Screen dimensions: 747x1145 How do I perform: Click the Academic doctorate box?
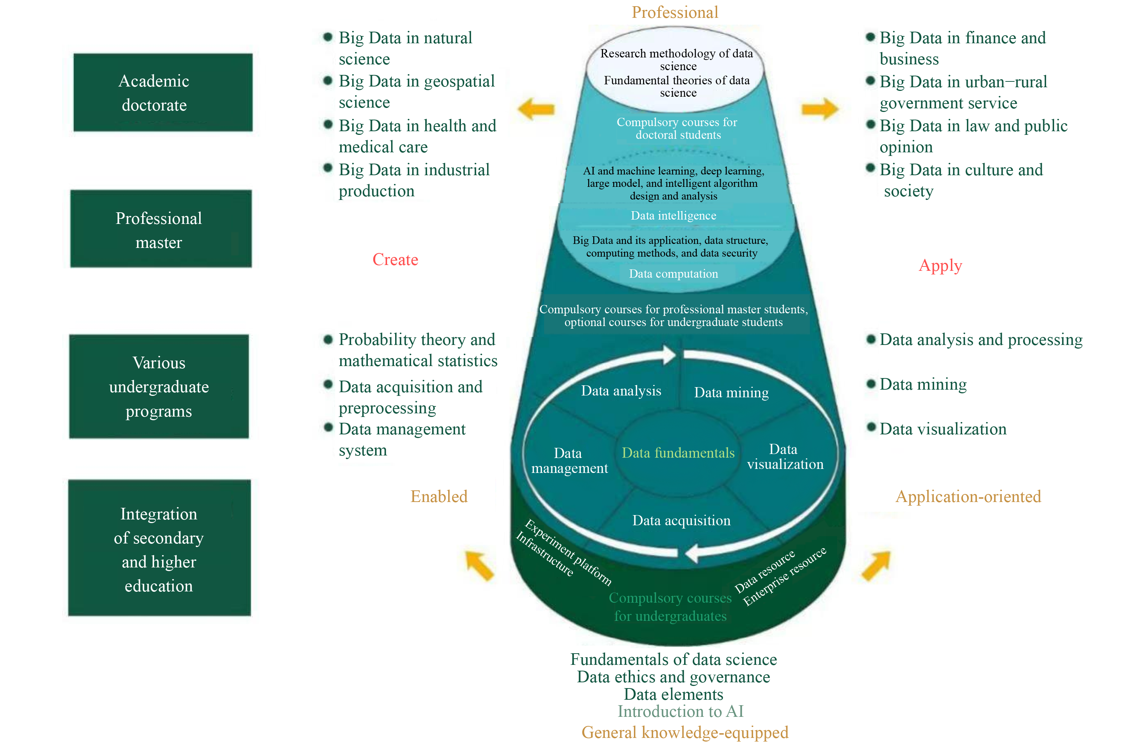pyautogui.click(x=162, y=92)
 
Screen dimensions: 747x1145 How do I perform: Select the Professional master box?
pyautogui.click(x=161, y=229)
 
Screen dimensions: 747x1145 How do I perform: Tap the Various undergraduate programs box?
pyautogui.click(x=159, y=386)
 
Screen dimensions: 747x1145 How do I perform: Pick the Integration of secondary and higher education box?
pyautogui.click(x=159, y=548)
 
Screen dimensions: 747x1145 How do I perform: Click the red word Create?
pyautogui.click(x=395, y=260)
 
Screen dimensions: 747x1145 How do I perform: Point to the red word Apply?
pyautogui.click(x=940, y=265)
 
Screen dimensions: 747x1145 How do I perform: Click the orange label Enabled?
pyautogui.click(x=439, y=497)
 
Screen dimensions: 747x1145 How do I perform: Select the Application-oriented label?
pyautogui.click(x=968, y=497)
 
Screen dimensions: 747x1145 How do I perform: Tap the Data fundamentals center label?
pyautogui.click(x=678, y=453)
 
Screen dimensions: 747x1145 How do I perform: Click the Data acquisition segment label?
pyautogui.click(x=681, y=521)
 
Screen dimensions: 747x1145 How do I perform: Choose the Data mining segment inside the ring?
pyautogui.click(x=731, y=393)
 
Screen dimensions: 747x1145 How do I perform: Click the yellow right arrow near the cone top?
pyautogui.click(x=820, y=109)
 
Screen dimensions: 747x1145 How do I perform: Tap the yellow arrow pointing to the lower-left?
pyautogui.click(x=479, y=566)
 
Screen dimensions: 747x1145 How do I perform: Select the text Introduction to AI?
pyautogui.click(x=680, y=711)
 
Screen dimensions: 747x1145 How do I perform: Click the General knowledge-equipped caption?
pyautogui.click(x=684, y=732)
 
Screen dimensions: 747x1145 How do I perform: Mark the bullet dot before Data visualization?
pyautogui.click(x=870, y=427)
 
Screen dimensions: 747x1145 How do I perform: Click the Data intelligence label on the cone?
pyautogui.click(x=673, y=216)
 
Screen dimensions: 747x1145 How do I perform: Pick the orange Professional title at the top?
pyautogui.click(x=675, y=12)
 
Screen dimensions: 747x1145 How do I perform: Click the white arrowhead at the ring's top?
pyautogui.click(x=669, y=354)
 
